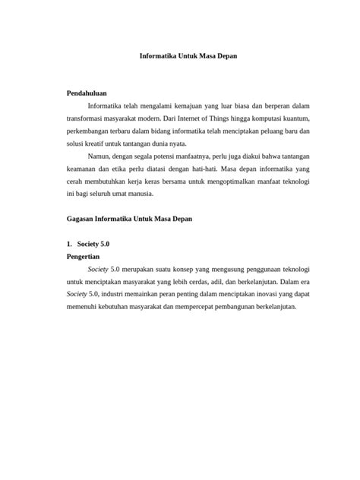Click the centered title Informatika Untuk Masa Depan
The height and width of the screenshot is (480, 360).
179,56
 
